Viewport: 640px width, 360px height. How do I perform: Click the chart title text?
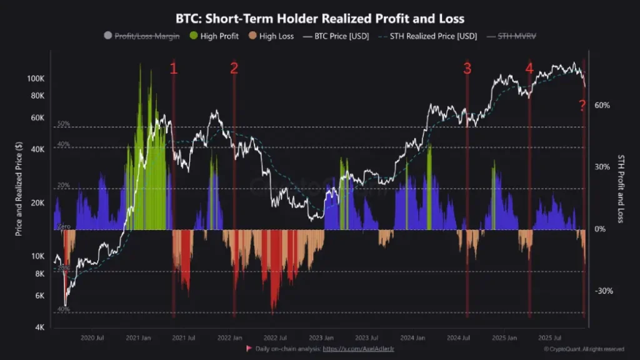(x=320, y=19)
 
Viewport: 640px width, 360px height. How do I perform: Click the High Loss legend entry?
(x=272, y=36)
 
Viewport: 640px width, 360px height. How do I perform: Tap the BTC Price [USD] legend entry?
(x=336, y=36)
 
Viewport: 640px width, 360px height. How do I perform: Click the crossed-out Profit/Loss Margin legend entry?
(x=142, y=36)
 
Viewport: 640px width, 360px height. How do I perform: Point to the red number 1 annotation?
(x=174, y=69)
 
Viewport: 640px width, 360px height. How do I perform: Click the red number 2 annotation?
(x=234, y=69)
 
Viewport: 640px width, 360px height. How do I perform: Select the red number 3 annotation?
(x=467, y=69)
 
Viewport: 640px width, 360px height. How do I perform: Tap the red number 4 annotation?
(x=529, y=69)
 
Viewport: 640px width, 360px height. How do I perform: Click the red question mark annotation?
(x=582, y=104)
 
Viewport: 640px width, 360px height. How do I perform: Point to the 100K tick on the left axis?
(x=35, y=79)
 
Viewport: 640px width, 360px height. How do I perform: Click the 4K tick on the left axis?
(x=38, y=327)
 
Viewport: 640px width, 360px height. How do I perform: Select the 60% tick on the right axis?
(x=601, y=106)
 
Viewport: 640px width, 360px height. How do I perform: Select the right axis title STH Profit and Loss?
(x=622, y=189)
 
